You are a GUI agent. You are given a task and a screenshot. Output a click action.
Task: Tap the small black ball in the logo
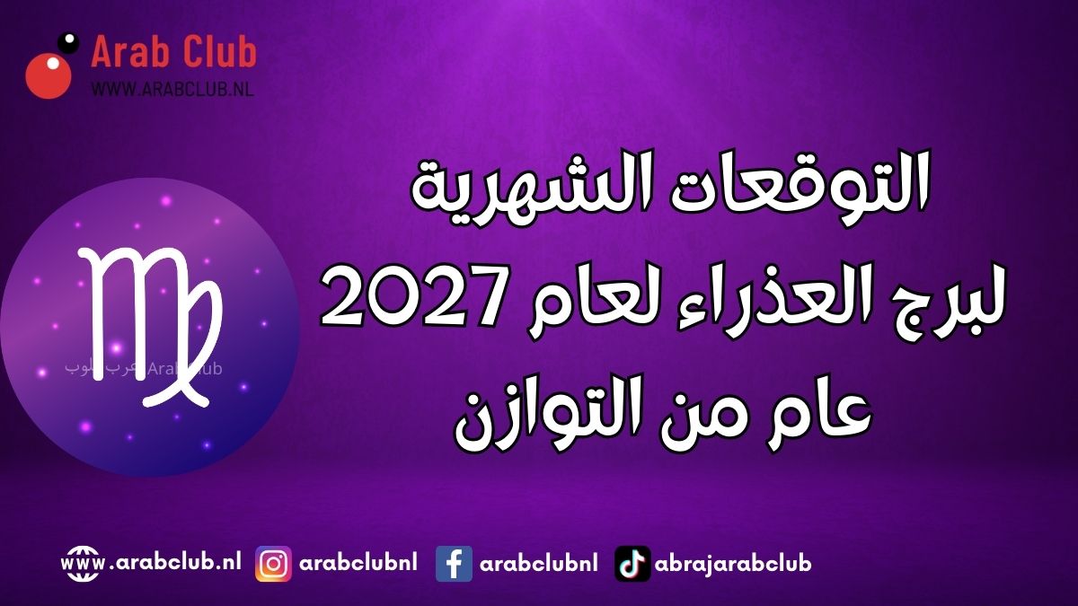[x=68, y=42]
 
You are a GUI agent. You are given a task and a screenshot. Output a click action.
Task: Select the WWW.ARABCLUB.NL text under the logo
[x=172, y=88]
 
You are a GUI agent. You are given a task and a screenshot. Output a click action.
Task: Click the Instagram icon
[x=273, y=564]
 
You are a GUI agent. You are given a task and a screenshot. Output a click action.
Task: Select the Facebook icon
[x=454, y=564]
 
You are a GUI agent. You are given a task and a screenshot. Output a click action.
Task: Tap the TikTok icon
[x=632, y=564]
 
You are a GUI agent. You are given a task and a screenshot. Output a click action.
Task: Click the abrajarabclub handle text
[x=733, y=563]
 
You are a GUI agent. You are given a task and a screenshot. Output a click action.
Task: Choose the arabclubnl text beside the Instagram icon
[x=358, y=562]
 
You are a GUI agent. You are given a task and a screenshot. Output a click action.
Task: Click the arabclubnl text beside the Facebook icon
[x=538, y=562]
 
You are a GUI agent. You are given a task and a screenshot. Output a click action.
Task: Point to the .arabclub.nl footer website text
[x=175, y=562]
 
